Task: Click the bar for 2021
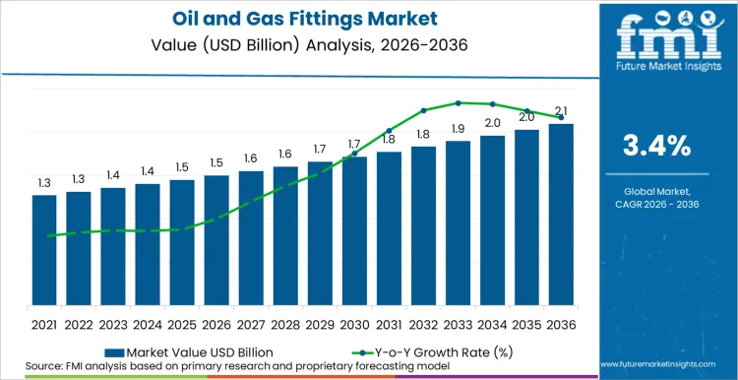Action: [x=44, y=250]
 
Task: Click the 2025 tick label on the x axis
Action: [x=182, y=324]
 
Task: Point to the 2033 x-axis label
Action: [x=458, y=324]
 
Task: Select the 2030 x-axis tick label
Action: [x=354, y=324]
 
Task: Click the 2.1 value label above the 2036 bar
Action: [x=561, y=111]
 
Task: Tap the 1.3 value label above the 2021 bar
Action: [x=44, y=183]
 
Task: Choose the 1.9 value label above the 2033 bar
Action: [x=458, y=129]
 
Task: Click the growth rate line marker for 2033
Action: [x=458, y=102]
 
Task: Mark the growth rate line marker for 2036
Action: [x=561, y=117]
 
